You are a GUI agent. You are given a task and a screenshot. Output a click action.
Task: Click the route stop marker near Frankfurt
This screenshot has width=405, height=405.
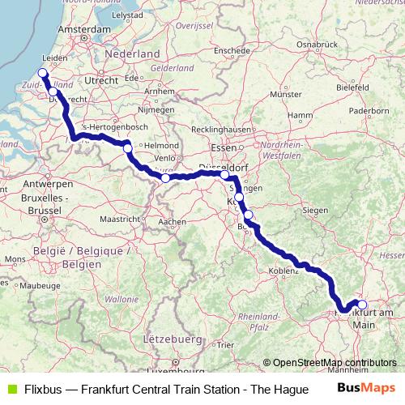pyautogui.click(x=362, y=305)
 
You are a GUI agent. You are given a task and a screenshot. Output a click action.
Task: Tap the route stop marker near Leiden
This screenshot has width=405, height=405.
pyautogui.click(x=43, y=73)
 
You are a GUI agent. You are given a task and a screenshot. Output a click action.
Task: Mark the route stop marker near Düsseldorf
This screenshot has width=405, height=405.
pyautogui.click(x=224, y=174)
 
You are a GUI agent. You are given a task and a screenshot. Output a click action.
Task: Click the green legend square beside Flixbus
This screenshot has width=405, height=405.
pyautogui.click(x=9, y=389)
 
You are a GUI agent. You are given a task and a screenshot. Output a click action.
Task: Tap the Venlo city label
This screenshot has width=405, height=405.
pyautogui.click(x=165, y=156)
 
